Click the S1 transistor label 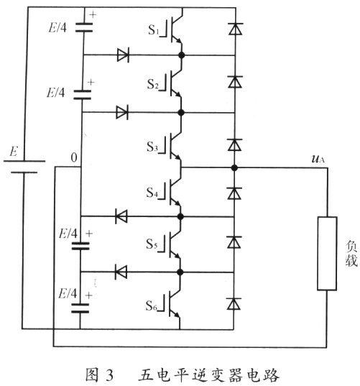[152, 30]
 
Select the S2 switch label [152, 84]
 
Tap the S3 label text [152, 147]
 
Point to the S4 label [152, 192]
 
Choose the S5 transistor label [152, 244]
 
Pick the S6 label [152, 305]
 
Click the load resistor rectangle [327, 253]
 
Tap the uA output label [318, 159]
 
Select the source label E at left [14, 151]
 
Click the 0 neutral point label [73, 157]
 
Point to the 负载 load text [351, 253]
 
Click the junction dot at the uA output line [234, 168]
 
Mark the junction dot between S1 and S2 [181, 55]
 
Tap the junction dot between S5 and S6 [180, 272]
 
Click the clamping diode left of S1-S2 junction [123, 55]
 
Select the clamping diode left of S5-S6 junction [121, 272]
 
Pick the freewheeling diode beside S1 [236, 29]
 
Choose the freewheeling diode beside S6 [234, 303]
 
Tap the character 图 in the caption [92, 374]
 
